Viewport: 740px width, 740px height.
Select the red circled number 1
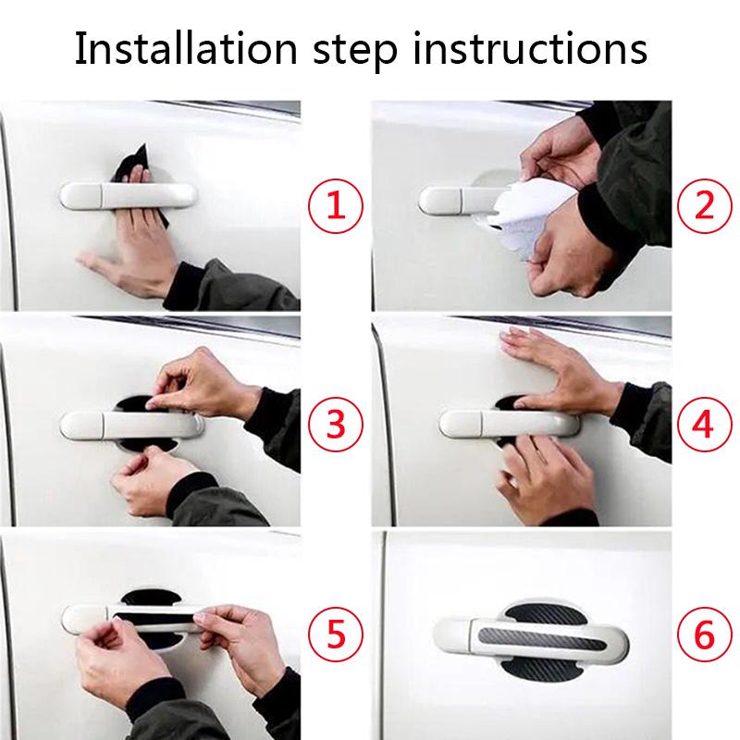(336, 204)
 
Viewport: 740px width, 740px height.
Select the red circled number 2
(705, 204)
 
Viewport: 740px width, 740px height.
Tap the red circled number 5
(336, 635)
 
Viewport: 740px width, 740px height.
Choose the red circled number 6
(705, 635)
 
